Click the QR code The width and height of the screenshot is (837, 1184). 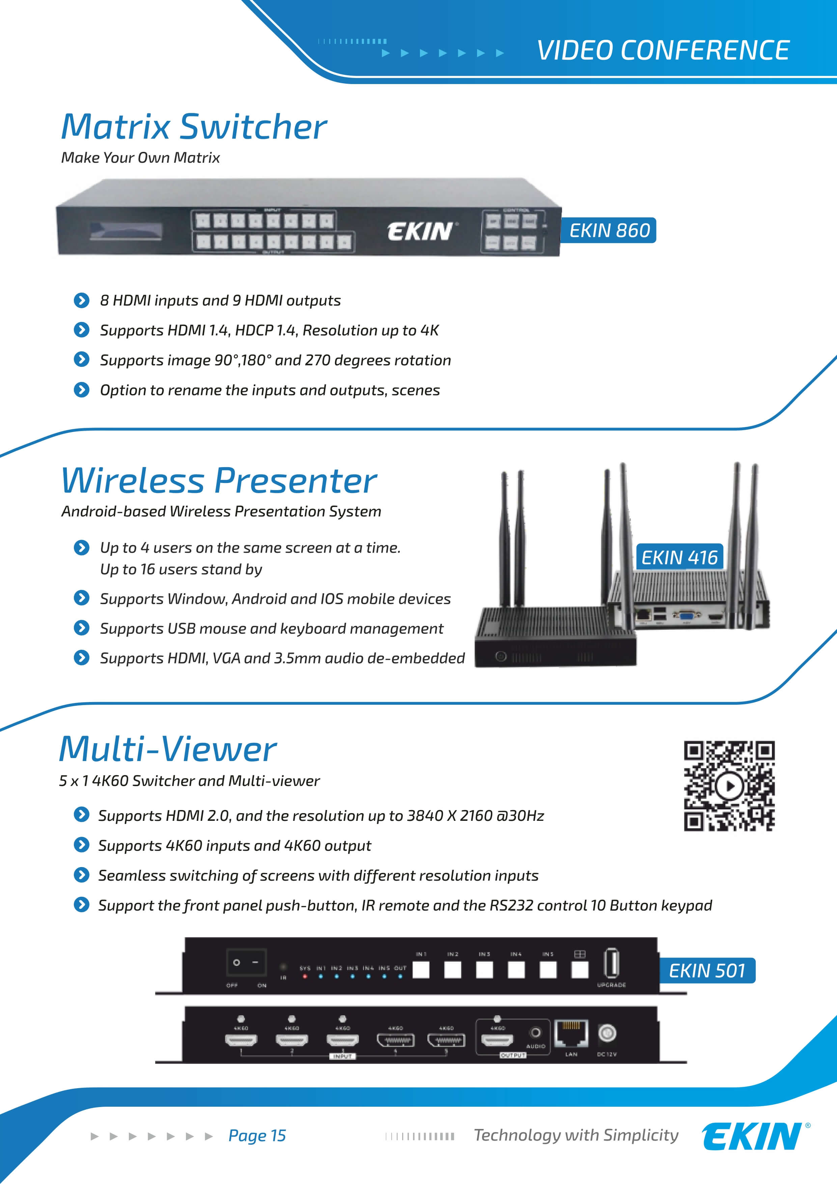pyautogui.click(x=729, y=785)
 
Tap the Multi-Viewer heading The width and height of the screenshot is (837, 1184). pyautogui.click(x=168, y=749)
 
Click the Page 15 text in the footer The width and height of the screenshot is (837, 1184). pyautogui.click(x=257, y=1135)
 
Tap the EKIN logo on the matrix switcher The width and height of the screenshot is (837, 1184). pyautogui.click(x=420, y=232)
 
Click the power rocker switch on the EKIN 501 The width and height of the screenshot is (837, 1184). pyautogui.click(x=246, y=962)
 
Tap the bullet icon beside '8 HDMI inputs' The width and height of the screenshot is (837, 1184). pyautogui.click(x=81, y=300)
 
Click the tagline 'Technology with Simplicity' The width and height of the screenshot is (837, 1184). pyautogui.click(x=576, y=1135)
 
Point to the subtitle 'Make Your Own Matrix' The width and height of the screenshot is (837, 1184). pyautogui.click(x=140, y=158)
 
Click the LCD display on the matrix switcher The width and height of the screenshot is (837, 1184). pyautogui.click(x=126, y=231)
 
